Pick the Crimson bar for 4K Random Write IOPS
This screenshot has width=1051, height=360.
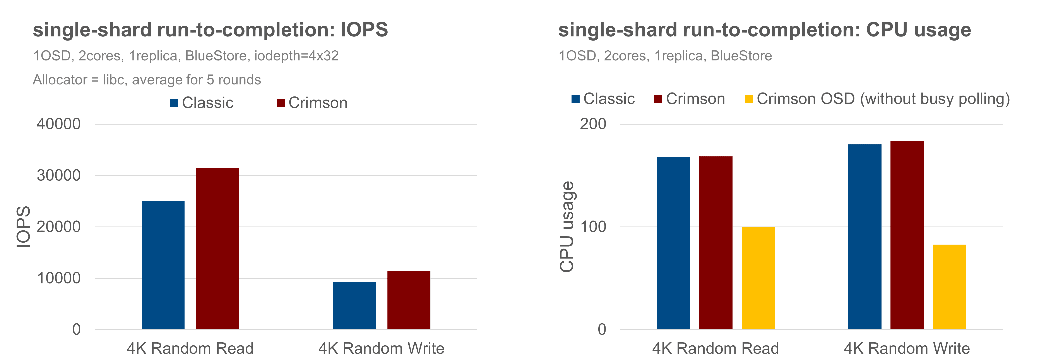(408, 300)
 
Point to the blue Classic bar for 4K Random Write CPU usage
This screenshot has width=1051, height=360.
(864, 237)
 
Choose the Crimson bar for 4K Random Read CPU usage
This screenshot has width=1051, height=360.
(716, 243)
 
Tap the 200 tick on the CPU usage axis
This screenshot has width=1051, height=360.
(593, 124)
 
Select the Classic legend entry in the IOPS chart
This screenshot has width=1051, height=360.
(202, 103)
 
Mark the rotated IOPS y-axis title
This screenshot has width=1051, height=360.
(23, 227)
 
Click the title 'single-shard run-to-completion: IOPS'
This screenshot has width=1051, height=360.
(210, 30)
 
